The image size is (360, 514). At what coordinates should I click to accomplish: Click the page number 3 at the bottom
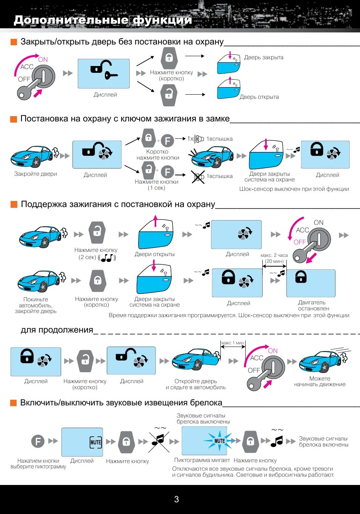[176, 499]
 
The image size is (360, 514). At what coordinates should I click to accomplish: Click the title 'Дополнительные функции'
[103, 20]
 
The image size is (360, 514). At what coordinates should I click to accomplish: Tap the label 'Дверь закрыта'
[263, 57]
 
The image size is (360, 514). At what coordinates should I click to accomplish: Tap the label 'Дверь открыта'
[259, 97]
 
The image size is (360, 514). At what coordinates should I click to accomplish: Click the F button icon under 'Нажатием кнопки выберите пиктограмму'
[38, 441]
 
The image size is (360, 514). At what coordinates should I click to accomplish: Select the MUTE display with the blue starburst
[205, 441]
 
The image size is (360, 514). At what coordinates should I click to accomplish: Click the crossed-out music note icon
[159, 441]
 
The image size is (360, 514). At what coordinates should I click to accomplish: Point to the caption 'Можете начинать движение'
[320, 381]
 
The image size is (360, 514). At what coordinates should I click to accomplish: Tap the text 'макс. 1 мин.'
[233, 343]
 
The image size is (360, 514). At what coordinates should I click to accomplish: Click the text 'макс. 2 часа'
[274, 255]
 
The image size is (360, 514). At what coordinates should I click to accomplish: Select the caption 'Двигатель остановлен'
[312, 305]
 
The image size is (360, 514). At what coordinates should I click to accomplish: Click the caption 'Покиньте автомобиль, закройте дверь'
[36, 305]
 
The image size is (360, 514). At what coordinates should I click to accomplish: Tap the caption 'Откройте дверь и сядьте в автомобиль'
[195, 384]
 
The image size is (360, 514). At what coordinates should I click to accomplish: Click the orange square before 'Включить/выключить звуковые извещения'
[14, 403]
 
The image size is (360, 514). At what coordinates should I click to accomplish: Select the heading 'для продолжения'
[57, 330]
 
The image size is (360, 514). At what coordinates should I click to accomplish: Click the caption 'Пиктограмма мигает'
[202, 460]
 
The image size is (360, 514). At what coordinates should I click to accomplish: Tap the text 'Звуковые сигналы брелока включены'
[323, 442]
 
